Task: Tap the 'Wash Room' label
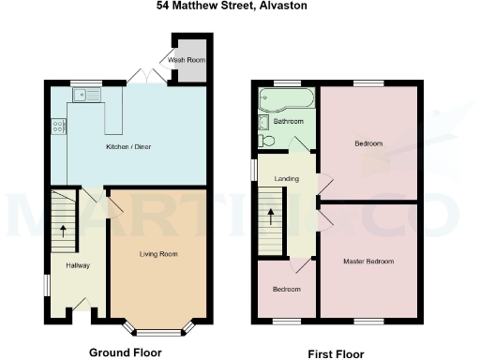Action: click(185, 61)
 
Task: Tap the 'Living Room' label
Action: click(158, 254)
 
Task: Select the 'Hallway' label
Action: click(77, 266)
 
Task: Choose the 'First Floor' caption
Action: click(336, 355)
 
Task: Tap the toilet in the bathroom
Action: click(266, 141)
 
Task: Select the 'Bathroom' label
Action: click(288, 122)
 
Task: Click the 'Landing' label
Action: click(285, 178)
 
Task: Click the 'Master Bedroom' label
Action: click(367, 261)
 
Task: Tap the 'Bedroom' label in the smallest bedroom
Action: click(286, 290)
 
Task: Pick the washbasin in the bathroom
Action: click(263, 121)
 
